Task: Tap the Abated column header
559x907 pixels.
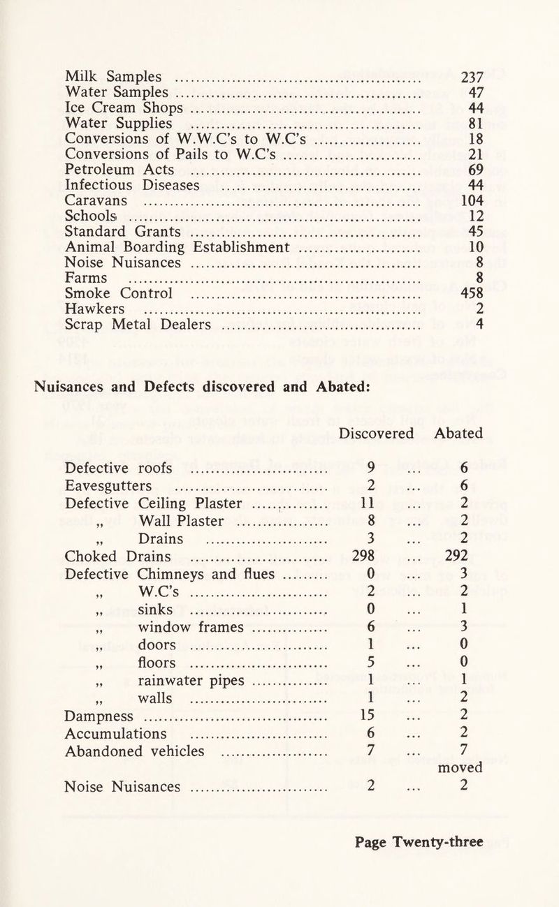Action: pos(458,433)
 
